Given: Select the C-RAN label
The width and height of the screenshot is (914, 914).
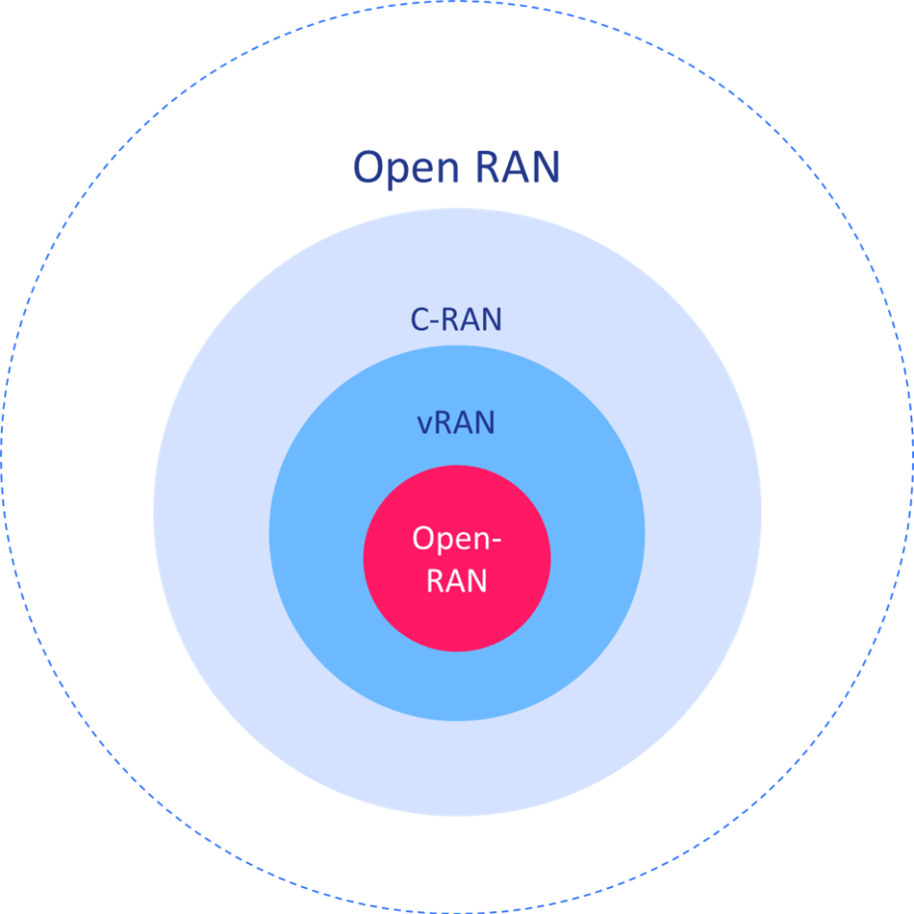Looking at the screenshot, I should (x=456, y=320).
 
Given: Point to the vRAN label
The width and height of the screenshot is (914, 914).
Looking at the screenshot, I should (x=456, y=422).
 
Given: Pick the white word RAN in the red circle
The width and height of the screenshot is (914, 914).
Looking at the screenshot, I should (x=457, y=581).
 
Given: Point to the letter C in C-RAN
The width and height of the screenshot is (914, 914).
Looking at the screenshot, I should (x=420, y=320).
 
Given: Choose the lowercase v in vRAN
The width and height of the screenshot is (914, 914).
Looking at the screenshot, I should (x=425, y=424).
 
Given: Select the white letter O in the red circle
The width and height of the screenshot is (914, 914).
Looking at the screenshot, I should (x=424, y=539).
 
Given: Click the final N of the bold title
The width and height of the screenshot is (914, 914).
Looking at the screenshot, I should (x=544, y=167).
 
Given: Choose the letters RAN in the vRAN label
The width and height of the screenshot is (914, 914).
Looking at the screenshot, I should (x=465, y=422).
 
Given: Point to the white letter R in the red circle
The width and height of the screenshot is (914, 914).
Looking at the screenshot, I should (x=436, y=581).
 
